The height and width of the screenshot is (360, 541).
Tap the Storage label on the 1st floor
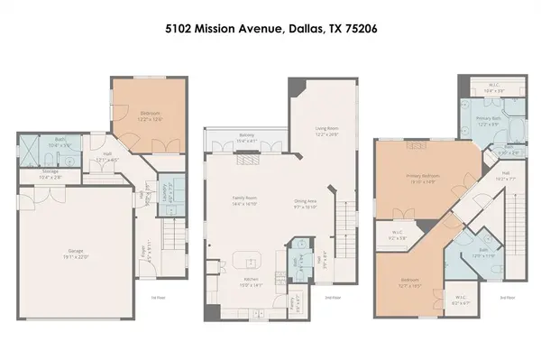click(x=50, y=175)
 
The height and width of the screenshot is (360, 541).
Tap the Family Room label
click(x=245, y=204)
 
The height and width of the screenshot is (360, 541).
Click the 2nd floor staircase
click(x=345, y=220)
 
